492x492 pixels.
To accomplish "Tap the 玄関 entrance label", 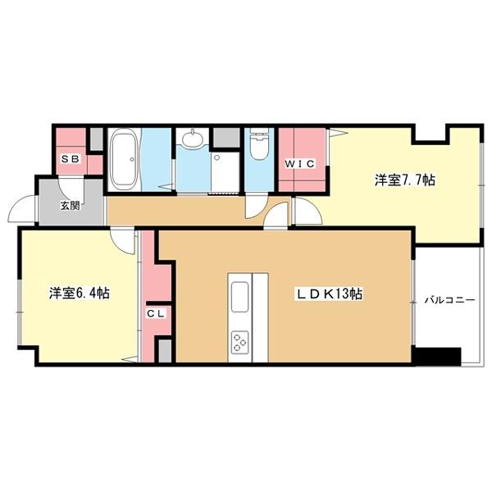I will click(x=70, y=205).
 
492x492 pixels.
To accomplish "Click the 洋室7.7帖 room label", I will click(x=404, y=180).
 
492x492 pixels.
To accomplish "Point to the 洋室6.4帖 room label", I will click(x=80, y=293).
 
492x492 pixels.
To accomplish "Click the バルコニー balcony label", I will click(x=449, y=301).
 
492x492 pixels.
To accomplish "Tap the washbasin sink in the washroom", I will click(x=194, y=139).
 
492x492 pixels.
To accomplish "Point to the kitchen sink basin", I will click(x=241, y=297).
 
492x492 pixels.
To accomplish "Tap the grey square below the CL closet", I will click(x=164, y=352).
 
